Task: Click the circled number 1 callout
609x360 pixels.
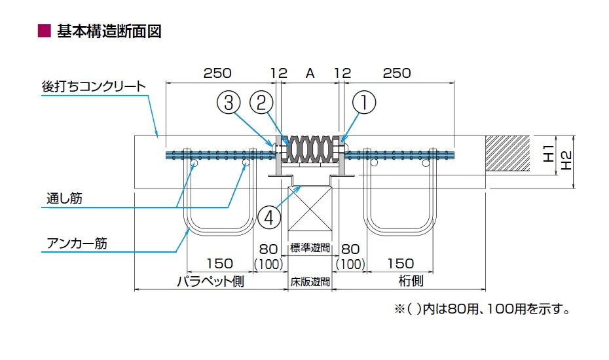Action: coord(365,103)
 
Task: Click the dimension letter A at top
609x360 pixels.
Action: coord(310,73)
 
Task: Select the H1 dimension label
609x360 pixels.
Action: coord(548,154)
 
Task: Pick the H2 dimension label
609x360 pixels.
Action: coord(567,160)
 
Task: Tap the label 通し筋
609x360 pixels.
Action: coord(64,198)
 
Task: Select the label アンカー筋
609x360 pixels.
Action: coord(77,243)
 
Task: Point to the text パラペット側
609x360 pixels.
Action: coord(210,281)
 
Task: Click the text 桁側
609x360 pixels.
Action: coord(411,281)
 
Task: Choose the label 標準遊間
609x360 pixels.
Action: coord(310,248)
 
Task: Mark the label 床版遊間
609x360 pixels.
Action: coord(310,282)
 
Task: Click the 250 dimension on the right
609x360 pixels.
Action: coord(396,73)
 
